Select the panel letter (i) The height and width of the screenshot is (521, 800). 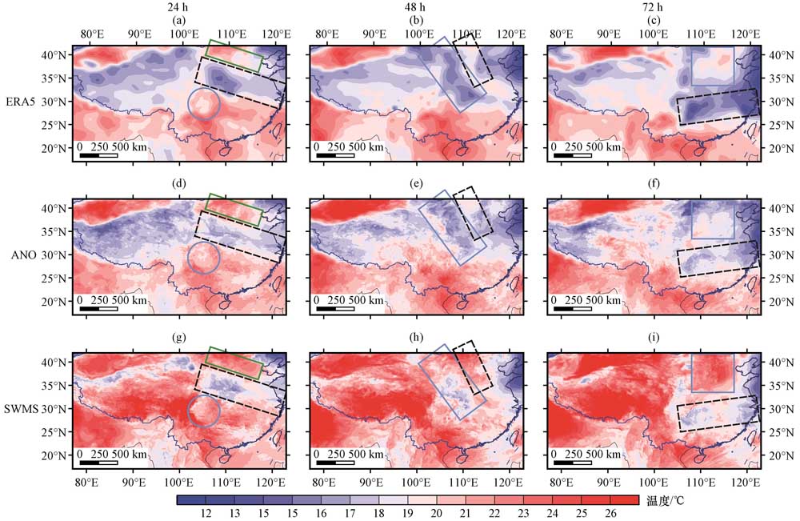[x=654, y=339]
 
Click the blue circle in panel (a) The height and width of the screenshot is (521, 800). [x=204, y=104]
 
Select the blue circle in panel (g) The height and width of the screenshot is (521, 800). [x=203, y=411]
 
